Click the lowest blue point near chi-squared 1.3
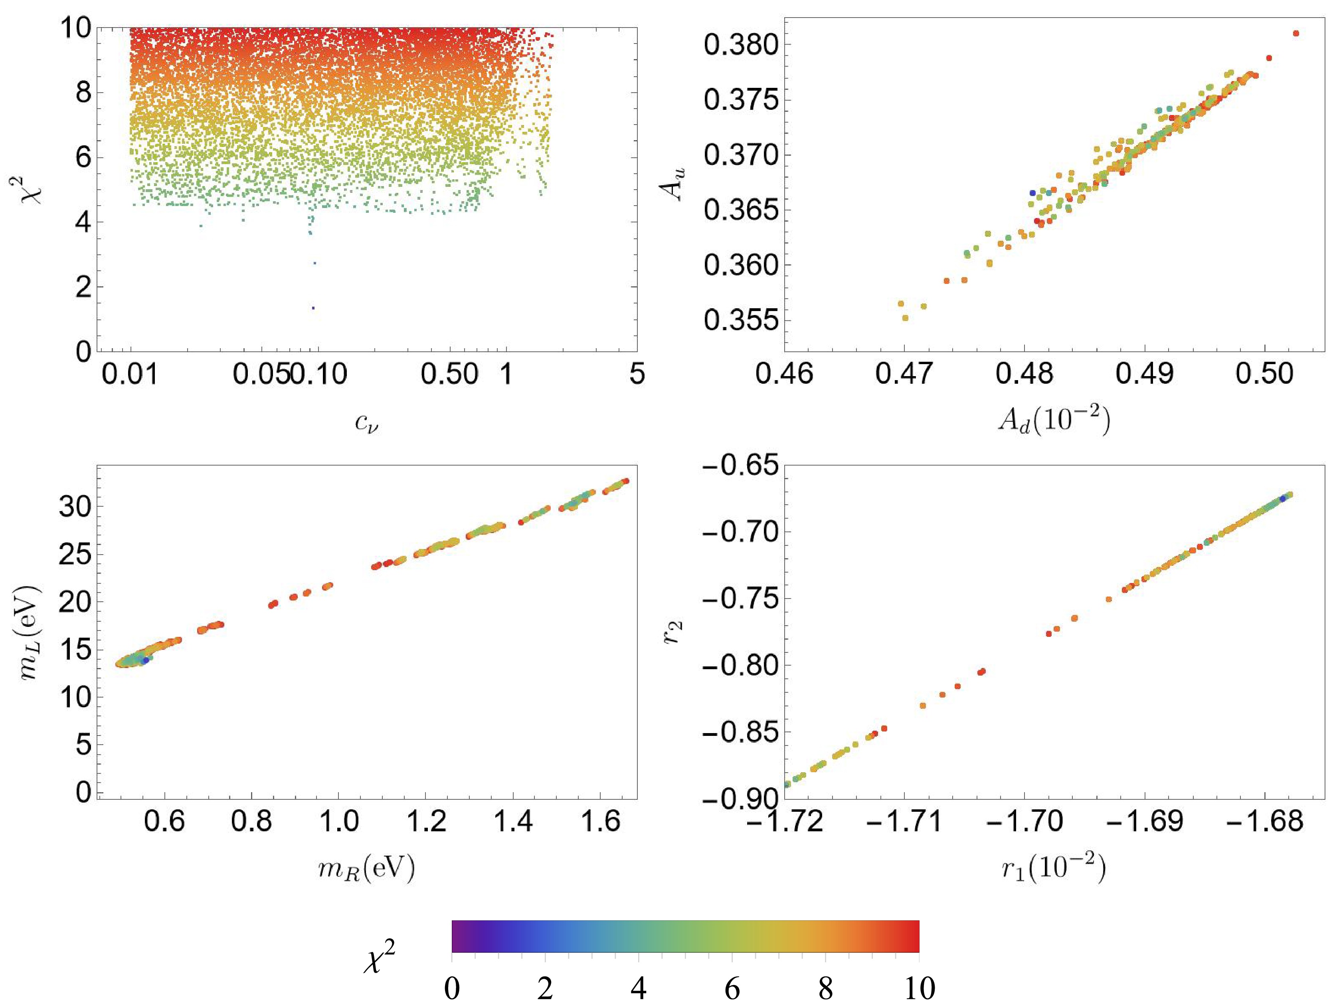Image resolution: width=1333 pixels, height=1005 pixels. pos(313,308)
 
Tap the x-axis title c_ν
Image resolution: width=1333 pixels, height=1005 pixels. pos(366,424)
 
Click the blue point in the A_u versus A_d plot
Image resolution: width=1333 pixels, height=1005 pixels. pos(1032,193)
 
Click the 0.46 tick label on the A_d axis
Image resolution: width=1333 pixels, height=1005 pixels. pos(784,375)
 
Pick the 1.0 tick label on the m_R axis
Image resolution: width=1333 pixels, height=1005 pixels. pos(338,822)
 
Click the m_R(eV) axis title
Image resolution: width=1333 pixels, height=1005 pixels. pos(366,869)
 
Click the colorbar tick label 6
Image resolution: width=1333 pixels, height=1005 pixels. pos(732,989)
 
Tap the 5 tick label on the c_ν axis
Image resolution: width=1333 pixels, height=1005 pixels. pos(637,375)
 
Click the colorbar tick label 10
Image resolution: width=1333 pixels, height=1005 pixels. pos(919,989)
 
